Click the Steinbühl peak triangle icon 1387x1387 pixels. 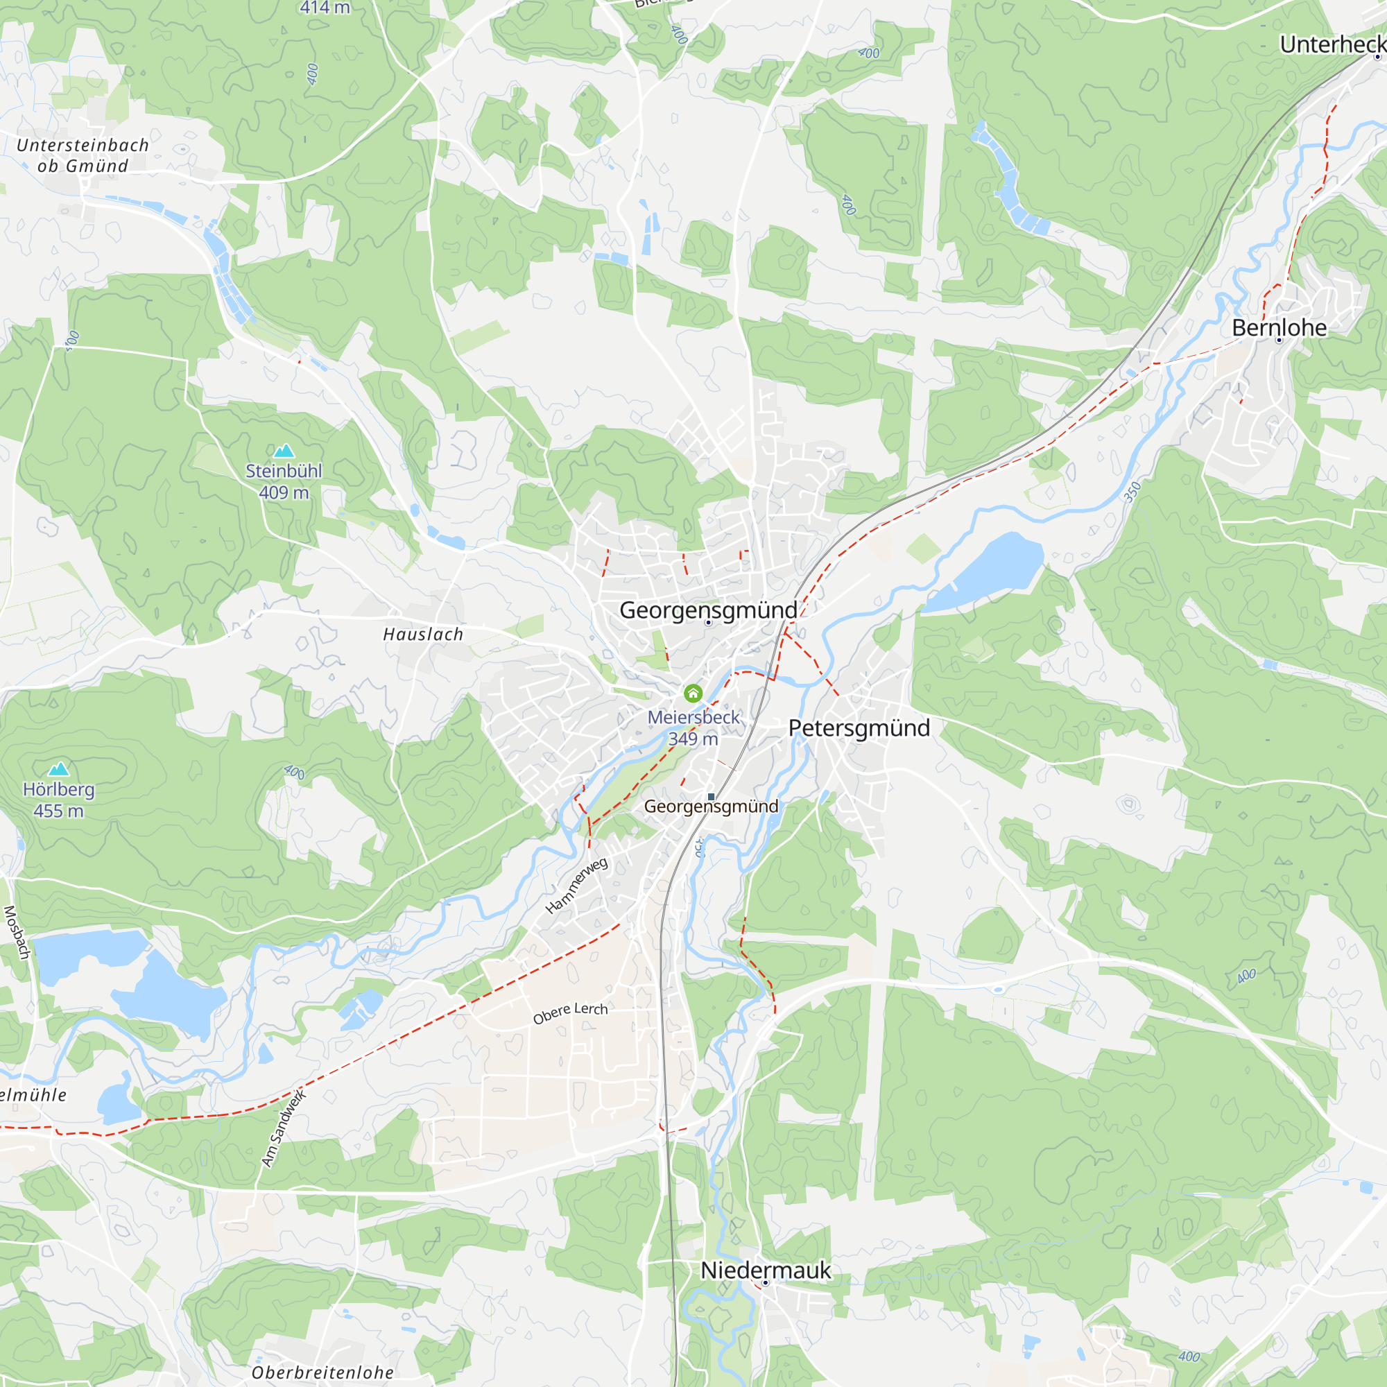click(x=284, y=451)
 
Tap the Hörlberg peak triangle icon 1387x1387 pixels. click(x=59, y=769)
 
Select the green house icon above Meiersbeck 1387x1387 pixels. click(x=693, y=693)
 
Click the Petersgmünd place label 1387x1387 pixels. click(x=859, y=728)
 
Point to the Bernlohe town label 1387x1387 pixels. click(x=1280, y=328)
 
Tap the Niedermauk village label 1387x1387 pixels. click(x=766, y=1270)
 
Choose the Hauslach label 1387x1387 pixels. click(x=423, y=635)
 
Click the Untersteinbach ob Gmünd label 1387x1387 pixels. click(x=83, y=155)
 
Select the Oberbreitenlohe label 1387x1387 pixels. click(x=322, y=1372)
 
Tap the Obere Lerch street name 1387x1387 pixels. click(x=570, y=1013)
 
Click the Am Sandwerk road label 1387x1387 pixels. click(x=283, y=1128)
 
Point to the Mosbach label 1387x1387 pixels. click(x=17, y=933)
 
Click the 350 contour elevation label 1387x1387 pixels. click(x=1132, y=492)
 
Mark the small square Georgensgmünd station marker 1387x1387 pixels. click(x=711, y=797)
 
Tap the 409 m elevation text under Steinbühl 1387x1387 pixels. click(x=284, y=492)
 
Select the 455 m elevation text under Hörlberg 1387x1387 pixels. click(x=58, y=811)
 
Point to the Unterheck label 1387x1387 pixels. click(x=1332, y=44)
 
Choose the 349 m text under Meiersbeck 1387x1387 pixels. click(x=693, y=739)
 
